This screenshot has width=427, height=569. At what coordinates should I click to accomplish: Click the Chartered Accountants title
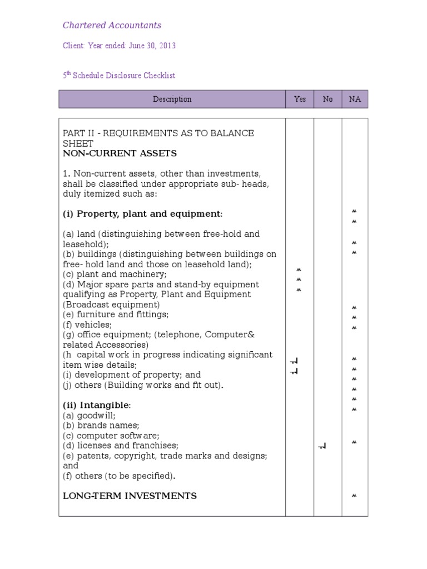tap(112, 25)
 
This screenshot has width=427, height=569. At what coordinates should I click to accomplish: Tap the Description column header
tap(172, 99)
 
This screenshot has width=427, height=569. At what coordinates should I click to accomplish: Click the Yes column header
tap(300, 99)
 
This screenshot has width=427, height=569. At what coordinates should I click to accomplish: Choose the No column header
tap(327, 99)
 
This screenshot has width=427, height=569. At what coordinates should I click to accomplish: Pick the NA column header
tap(355, 99)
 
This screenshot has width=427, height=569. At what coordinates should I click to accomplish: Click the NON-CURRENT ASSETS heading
tap(119, 153)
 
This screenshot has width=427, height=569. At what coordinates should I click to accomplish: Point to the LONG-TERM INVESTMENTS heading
tap(130, 496)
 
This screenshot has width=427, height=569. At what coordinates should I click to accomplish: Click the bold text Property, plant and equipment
tap(150, 214)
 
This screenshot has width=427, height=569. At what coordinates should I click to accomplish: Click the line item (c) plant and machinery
tap(114, 274)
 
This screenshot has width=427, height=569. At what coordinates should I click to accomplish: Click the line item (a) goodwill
tap(88, 415)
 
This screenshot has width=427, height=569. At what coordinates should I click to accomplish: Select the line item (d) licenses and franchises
tap(120, 446)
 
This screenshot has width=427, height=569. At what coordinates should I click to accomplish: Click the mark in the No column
tap(322, 446)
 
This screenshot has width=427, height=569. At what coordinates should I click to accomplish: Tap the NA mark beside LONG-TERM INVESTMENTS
tap(354, 496)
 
